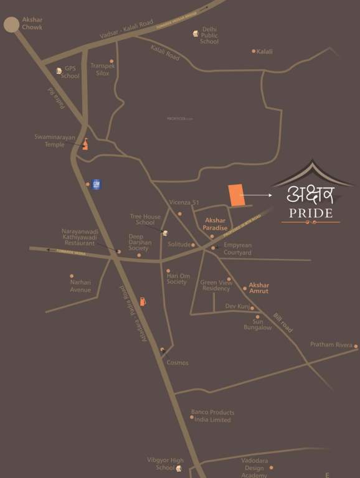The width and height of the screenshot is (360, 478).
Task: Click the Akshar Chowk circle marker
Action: click(x=11, y=24)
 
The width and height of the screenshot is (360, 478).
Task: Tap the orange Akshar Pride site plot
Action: click(x=235, y=195)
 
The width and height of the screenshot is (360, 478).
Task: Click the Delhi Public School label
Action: click(x=209, y=35)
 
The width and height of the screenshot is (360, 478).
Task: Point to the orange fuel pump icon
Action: click(x=143, y=301)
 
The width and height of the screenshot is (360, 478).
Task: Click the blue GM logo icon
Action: click(x=97, y=184)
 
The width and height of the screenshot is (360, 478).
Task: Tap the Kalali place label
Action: click(x=264, y=52)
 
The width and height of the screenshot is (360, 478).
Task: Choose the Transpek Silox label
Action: click(x=100, y=69)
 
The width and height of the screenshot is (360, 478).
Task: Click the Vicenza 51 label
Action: click(x=184, y=203)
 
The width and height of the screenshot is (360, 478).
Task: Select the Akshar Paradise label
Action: click(x=216, y=224)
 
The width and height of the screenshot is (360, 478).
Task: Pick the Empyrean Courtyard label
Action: click(x=237, y=249)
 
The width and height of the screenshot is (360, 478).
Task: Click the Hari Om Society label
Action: click(x=177, y=278)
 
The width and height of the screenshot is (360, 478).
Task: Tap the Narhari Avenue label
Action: click(x=80, y=286)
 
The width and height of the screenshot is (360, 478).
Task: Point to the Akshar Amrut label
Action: click(x=258, y=287)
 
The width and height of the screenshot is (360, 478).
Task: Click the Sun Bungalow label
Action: click(x=258, y=324)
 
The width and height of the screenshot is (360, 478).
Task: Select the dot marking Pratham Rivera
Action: click(x=356, y=346)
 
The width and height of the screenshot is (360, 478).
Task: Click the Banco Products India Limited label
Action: click(x=213, y=416)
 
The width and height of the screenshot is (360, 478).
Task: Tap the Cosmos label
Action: click(x=178, y=363)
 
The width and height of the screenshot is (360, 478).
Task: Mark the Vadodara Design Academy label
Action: click(x=255, y=467)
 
